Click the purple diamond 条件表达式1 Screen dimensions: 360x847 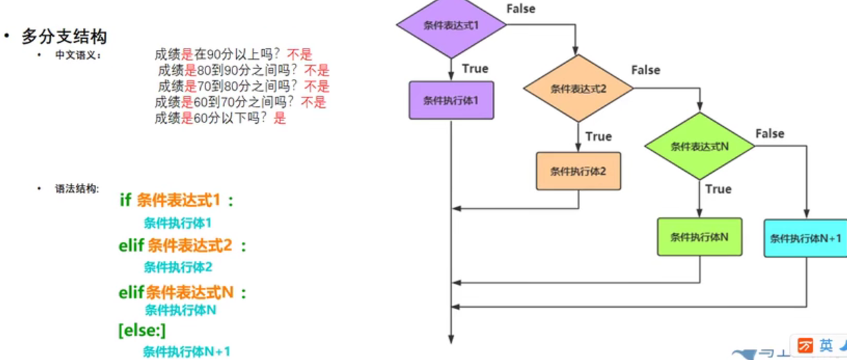451,26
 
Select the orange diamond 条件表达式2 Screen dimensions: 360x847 578,89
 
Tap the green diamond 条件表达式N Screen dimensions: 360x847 699,147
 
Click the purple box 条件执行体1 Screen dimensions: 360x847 451,100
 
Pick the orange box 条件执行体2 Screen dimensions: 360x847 578,171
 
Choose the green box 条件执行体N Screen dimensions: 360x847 699,237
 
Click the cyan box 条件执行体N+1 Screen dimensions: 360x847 806,239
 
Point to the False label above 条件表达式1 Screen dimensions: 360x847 521,9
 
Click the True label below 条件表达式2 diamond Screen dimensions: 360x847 599,136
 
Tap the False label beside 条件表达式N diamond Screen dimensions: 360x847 769,133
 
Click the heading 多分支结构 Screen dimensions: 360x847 64,35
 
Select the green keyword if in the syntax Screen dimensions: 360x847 125,200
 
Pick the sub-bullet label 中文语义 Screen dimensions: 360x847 78,55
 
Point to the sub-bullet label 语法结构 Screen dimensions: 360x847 78,188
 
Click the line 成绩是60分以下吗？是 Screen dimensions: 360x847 220,118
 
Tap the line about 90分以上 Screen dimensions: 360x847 233,55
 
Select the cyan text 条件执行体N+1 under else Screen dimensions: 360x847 186,351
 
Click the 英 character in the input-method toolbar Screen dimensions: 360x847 826,345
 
